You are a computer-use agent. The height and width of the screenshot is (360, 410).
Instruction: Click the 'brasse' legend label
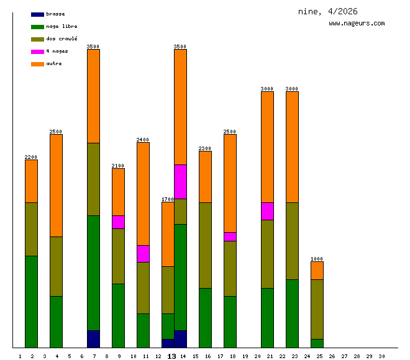(x=55, y=14)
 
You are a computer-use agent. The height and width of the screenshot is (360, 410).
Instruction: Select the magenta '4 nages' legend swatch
(x=37, y=51)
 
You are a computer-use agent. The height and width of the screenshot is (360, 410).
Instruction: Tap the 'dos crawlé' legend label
(x=61, y=38)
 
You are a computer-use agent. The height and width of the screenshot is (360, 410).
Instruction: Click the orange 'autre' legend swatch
(x=37, y=63)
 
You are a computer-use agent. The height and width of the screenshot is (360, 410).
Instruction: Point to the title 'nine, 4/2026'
(x=327, y=11)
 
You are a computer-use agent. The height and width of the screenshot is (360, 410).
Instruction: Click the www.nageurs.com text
(x=357, y=24)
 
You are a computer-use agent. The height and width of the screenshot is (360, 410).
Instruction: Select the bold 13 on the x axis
(x=172, y=356)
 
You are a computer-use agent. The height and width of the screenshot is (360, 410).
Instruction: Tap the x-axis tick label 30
(x=381, y=356)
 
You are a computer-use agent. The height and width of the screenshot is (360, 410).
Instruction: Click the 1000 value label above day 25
(x=317, y=259)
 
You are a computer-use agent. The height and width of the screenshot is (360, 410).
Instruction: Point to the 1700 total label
(x=168, y=199)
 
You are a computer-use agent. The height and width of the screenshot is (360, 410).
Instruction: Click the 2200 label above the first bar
(x=31, y=157)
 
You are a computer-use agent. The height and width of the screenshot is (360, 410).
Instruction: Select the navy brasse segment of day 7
(x=93, y=339)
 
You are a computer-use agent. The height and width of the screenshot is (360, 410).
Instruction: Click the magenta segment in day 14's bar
(x=180, y=181)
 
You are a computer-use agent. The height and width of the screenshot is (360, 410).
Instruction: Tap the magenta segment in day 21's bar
(x=267, y=211)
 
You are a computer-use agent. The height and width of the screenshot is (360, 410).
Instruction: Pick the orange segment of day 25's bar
(x=317, y=270)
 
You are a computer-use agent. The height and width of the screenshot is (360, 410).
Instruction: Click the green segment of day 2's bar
(x=31, y=301)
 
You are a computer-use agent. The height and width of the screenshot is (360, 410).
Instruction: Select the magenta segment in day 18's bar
(x=230, y=236)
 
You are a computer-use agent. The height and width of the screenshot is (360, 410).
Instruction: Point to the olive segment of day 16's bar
(x=205, y=245)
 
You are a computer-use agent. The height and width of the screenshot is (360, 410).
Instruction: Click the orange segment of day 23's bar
(x=292, y=146)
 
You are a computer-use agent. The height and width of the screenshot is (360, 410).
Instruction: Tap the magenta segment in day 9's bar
(x=118, y=222)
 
